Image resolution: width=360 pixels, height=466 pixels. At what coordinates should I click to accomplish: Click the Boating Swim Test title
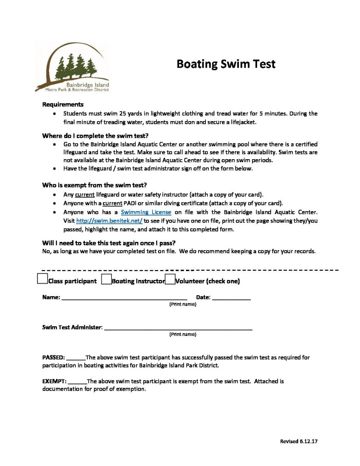pyautogui.click(x=226, y=64)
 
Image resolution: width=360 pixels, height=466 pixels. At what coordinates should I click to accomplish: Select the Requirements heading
pyautogui.click(x=63, y=104)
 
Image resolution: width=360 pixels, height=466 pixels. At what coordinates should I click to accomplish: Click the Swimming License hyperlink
pyautogui.click(x=146, y=212)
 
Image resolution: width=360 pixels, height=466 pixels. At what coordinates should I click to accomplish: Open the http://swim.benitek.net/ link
pyautogui.click(x=109, y=221)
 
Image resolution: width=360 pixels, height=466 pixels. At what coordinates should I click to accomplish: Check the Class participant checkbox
pyautogui.click(x=42, y=279)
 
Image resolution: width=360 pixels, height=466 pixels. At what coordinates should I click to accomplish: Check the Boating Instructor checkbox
pyautogui.click(x=106, y=280)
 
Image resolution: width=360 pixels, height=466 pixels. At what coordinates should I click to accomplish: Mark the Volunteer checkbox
pyautogui.click(x=170, y=280)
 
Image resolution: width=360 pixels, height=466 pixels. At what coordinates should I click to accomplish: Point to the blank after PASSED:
pyautogui.click(x=76, y=358)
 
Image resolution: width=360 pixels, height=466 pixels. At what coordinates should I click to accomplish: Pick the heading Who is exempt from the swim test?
pyautogui.click(x=94, y=185)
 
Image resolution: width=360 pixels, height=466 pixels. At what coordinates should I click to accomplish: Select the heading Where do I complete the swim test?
pyautogui.click(x=95, y=136)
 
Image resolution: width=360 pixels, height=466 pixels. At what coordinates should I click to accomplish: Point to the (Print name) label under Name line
pyautogui.click(x=183, y=304)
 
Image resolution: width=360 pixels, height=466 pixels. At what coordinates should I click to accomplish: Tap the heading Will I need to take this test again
pyautogui.click(x=109, y=243)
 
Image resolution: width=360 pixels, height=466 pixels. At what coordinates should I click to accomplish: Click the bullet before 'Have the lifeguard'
pyautogui.click(x=55, y=169)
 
